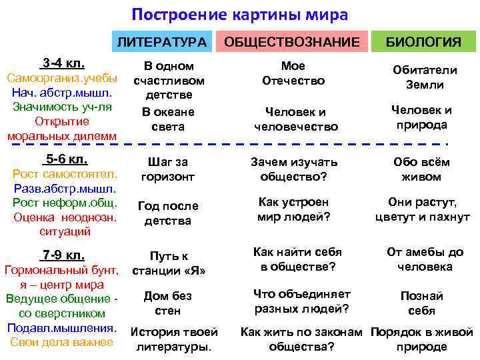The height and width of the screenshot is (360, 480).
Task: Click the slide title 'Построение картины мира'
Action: [239, 15]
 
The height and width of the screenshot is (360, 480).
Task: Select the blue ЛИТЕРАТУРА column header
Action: [162, 43]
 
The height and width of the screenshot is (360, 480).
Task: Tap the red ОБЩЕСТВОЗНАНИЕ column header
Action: [291, 43]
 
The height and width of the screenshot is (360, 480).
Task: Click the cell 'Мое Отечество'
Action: [293, 73]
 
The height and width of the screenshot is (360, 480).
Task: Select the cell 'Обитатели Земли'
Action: [425, 78]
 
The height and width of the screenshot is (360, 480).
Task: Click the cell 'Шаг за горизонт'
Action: [168, 169]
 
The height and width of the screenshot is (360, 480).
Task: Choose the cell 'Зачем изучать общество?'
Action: [294, 169]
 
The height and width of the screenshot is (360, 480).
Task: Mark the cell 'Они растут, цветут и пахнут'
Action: [423, 210]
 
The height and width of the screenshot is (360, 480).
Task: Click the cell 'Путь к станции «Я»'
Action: [169, 263]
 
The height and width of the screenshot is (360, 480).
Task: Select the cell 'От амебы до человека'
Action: [425, 259]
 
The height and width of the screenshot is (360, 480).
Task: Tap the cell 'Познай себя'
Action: [421, 303]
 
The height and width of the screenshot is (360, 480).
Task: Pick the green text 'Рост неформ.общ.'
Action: [65, 203]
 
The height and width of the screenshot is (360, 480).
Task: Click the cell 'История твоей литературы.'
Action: [173, 339]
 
